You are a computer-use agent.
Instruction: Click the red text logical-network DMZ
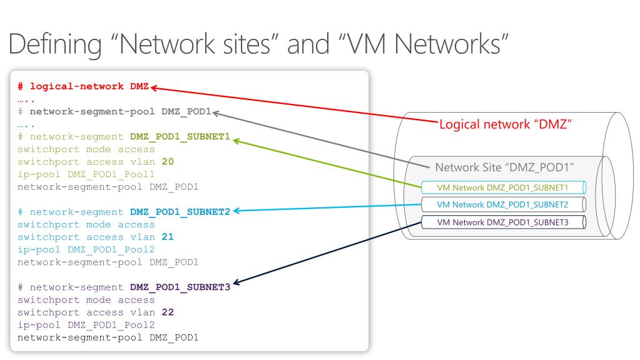(x=88, y=86)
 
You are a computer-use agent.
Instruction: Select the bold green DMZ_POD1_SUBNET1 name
(x=180, y=136)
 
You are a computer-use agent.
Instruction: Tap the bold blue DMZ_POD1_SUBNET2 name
(x=180, y=212)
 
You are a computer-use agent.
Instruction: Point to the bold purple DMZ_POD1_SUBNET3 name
(x=180, y=287)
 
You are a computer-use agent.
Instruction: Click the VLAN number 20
(x=167, y=162)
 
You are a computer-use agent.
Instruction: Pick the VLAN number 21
(x=167, y=237)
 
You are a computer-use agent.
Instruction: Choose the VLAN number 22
(x=167, y=312)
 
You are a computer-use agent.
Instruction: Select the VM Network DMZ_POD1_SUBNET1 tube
(x=502, y=187)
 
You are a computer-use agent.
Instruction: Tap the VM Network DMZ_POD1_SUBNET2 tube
(x=502, y=205)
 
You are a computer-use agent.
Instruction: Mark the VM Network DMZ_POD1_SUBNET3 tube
(x=502, y=222)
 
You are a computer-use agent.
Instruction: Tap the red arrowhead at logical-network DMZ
(x=153, y=88)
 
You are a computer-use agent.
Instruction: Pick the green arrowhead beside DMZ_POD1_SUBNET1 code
(x=236, y=140)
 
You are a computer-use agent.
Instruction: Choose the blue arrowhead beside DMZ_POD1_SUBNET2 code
(x=236, y=212)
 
